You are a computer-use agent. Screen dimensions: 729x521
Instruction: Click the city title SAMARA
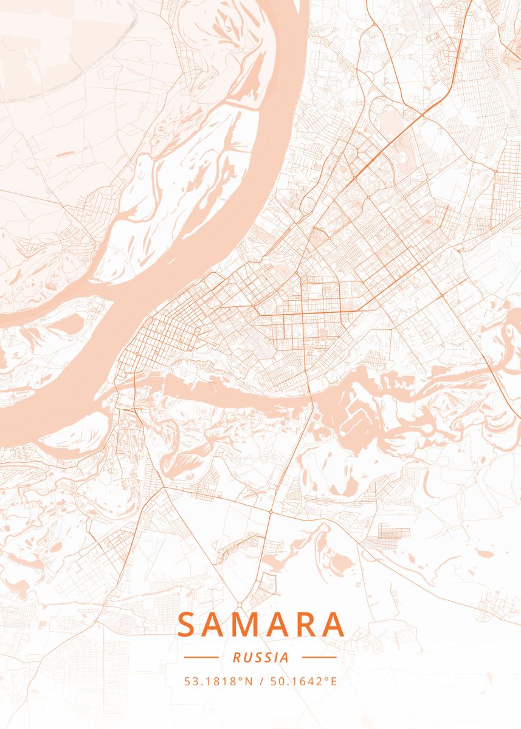point(260,624)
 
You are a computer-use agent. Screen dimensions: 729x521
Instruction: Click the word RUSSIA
point(260,657)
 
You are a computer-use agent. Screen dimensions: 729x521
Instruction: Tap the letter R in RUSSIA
point(236,657)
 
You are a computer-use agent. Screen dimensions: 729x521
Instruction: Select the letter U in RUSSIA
point(246,657)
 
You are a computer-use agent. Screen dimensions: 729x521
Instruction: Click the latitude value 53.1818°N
point(219,681)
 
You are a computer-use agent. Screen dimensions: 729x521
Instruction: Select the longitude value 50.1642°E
point(302,681)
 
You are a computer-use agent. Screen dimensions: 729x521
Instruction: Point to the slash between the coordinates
point(261,681)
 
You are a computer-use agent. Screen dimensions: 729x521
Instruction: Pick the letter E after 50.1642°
point(333,681)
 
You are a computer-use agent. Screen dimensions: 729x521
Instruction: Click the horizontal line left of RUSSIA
point(201,657)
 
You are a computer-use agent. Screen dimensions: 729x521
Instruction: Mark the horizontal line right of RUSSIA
point(319,657)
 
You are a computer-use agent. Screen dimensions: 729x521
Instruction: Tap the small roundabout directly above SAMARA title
point(240,605)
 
